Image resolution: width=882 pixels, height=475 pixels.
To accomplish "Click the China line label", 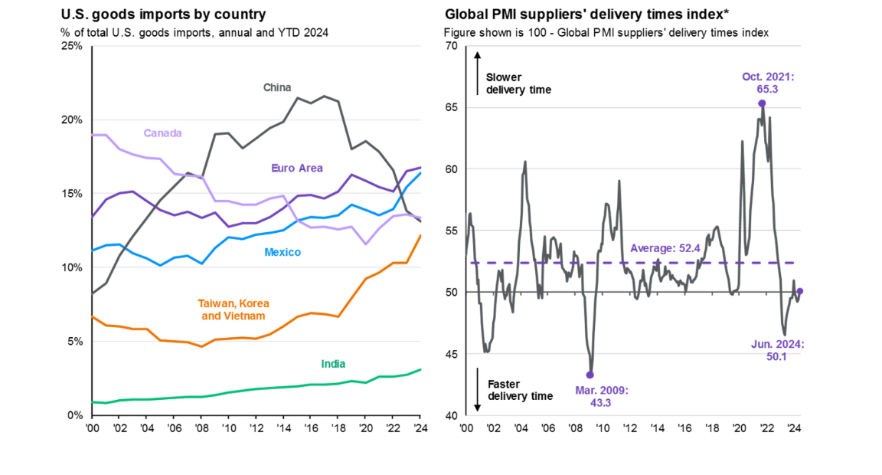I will coord(277,87).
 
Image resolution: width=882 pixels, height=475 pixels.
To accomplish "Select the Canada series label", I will coord(162,133).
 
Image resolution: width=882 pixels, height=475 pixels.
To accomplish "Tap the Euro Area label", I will coord(297,168).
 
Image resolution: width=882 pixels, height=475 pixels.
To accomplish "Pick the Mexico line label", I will coord(283,252).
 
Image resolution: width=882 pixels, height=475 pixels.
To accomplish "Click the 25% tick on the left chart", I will coord(72,46).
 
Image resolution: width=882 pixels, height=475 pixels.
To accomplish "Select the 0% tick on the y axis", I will coord(75,415).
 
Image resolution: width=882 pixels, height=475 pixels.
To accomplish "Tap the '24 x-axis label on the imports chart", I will coord(420,427).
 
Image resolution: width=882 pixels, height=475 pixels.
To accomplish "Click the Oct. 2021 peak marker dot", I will coord(762,103).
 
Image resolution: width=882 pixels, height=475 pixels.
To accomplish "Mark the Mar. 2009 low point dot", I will coord(590,375).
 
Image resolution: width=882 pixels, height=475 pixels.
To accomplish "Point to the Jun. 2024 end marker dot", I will coord(800,291).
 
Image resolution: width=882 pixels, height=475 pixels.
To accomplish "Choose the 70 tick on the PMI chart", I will coord(450,46).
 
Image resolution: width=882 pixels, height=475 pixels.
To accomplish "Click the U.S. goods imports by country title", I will coord(163,15).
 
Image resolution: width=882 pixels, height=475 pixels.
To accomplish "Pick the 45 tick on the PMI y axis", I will coord(450,354).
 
